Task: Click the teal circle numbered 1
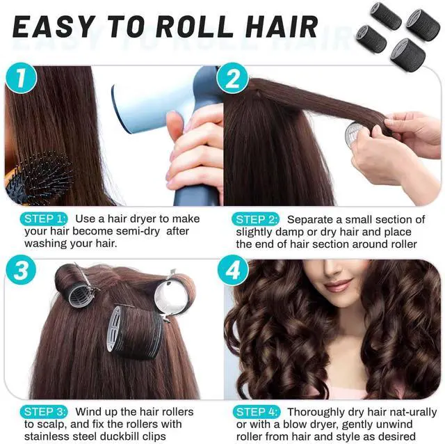tap(22, 78)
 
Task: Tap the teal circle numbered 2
tap(233, 78)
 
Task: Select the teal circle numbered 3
tap(22, 271)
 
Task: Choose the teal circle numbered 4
tap(233, 271)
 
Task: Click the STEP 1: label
tap(44, 219)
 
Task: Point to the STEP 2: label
tap(255, 220)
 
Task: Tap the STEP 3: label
tap(44, 411)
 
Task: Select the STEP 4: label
tap(257, 412)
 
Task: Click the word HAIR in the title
tap(282, 27)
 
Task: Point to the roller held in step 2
tap(354, 134)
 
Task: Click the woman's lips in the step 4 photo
tap(339, 285)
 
